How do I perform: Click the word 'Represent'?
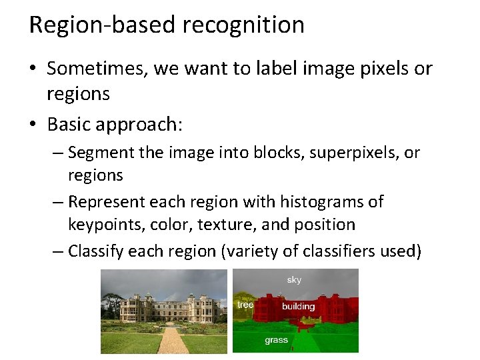tap(107, 201)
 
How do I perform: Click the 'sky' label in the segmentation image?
tap(294, 280)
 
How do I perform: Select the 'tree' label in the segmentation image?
tap(245, 305)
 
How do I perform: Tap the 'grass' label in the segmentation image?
tap(276, 340)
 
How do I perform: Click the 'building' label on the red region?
tap(298, 307)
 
